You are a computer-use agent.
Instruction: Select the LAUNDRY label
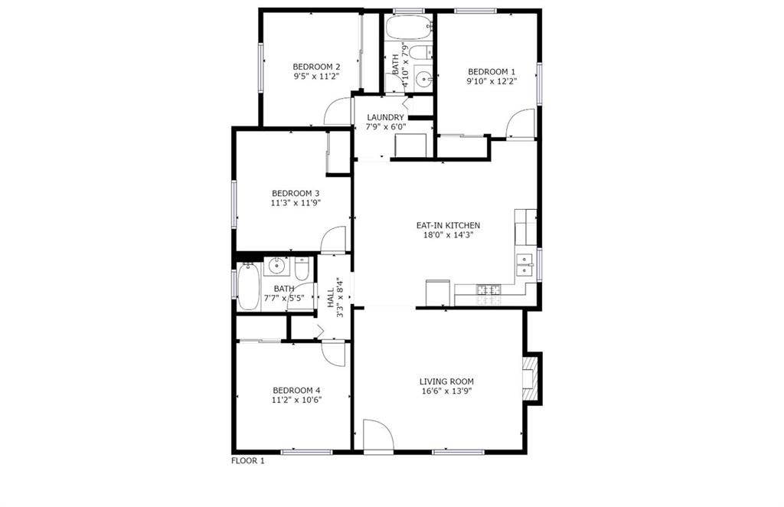(x=384, y=117)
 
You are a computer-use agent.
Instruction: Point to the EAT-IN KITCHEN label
(x=448, y=225)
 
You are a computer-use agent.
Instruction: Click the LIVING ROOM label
(x=446, y=381)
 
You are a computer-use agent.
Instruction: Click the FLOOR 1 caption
(x=247, y=461)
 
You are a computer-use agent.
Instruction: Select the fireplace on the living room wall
(x=531, y=377)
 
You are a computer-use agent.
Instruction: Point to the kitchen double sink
(x=525, y=263)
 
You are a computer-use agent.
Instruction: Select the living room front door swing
(x=378, y=435)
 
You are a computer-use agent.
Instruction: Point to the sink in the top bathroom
(x=423, y=77)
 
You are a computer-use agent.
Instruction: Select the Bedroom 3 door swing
(x=334, y=240)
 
